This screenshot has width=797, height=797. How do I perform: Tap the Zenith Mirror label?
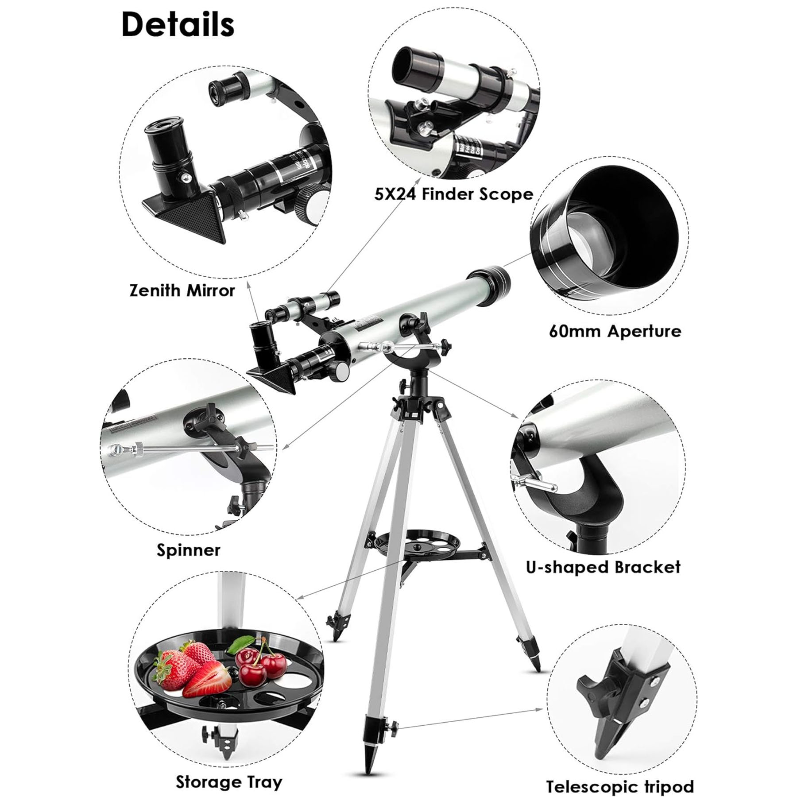pos(182,290)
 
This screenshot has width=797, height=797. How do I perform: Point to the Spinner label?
pos(188,550)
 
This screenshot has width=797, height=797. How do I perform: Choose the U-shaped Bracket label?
pos(603,567)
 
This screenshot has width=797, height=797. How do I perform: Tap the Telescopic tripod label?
pos(620,774)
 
